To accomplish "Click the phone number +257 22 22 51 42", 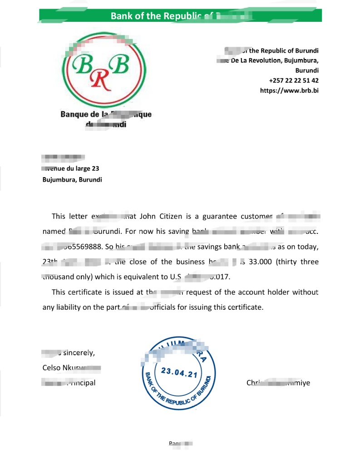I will point(293,80).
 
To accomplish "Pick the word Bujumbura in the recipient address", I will point(59,179).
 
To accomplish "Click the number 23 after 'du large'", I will point(95,169).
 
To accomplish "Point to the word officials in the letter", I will point(164,307).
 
